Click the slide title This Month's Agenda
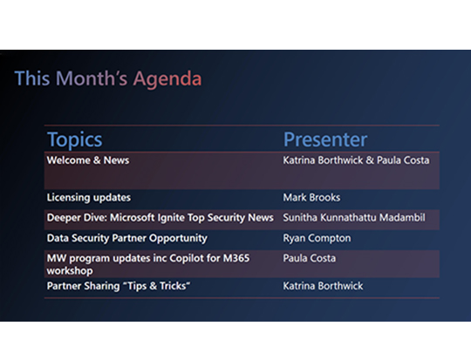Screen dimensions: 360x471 tap(108, 79)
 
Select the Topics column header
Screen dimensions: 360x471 tap(74, 139)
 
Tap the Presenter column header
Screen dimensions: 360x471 tap(324, 139)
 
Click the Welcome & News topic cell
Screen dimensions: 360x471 tap(88, 160)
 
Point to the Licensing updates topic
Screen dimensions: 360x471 tap(87, 198)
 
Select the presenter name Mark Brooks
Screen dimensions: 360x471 tap(311, 198)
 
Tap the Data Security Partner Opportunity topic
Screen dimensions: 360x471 tap(127, 237)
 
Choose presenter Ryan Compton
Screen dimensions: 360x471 tap(316, 237)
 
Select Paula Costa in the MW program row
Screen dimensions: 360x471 tap(310, 258)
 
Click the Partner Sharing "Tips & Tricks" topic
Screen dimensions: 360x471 tap(119, 286)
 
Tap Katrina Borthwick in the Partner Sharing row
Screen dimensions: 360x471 tap(324, 286)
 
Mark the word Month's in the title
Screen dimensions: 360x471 tap(86, 79)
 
